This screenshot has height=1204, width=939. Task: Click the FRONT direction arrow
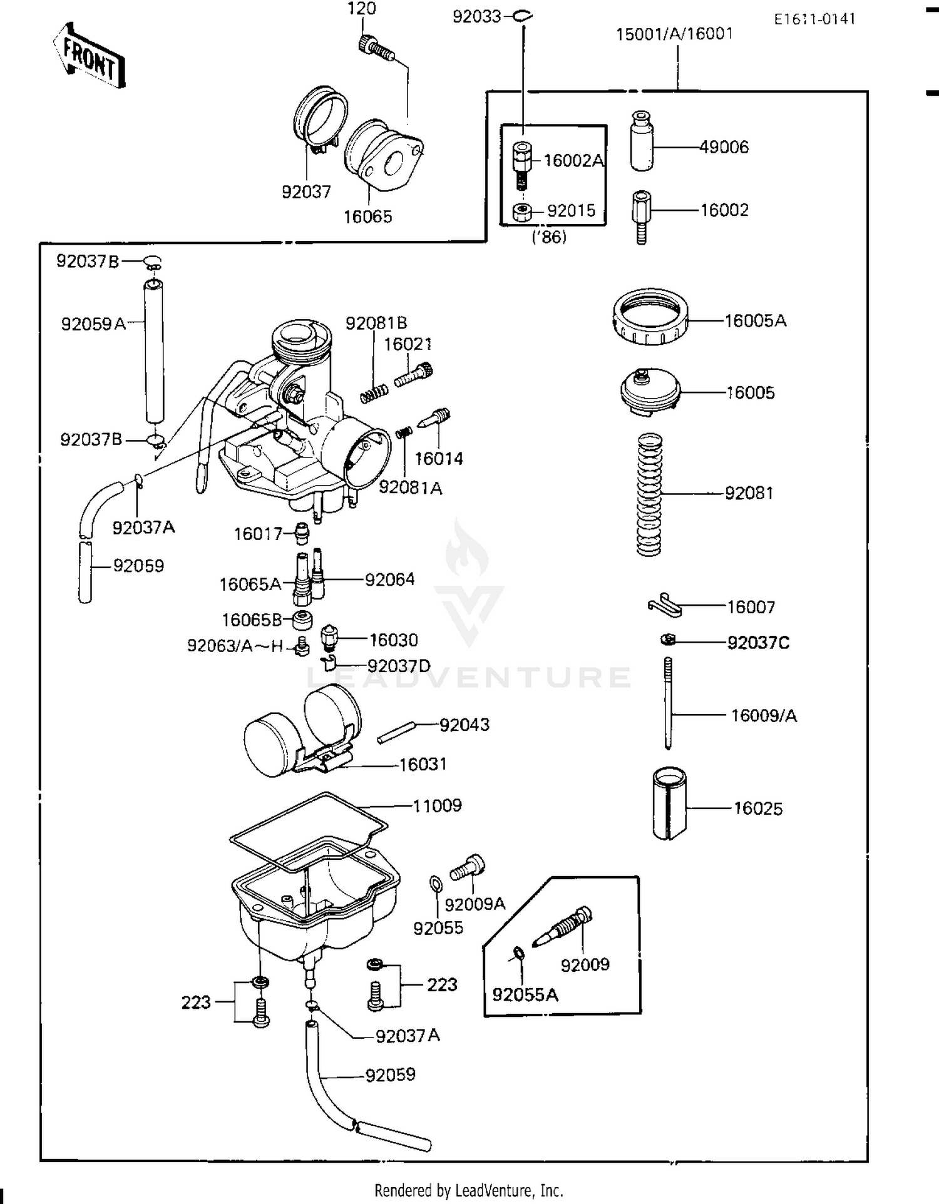pos(90,57)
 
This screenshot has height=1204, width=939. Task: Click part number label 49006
pos(724,147)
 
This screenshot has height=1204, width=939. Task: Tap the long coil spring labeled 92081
pos(649,494)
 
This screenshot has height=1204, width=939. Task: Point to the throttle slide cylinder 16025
pos(669,804)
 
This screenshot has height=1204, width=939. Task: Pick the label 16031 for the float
pos(423,764)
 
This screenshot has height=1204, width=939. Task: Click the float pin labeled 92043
pos(396,733)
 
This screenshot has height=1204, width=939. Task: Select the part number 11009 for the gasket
pos(437,805)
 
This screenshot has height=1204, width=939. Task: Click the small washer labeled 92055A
pos(519,954)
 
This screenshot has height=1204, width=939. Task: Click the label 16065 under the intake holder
pos(367,217)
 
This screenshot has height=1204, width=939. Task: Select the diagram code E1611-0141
pos(814,19)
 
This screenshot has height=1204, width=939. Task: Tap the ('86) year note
pos(549,238)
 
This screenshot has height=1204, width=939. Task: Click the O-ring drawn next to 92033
pos(523,16)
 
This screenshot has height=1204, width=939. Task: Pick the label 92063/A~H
pos(235,646)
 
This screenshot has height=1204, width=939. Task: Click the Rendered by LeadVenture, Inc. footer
pos(468,1190)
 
